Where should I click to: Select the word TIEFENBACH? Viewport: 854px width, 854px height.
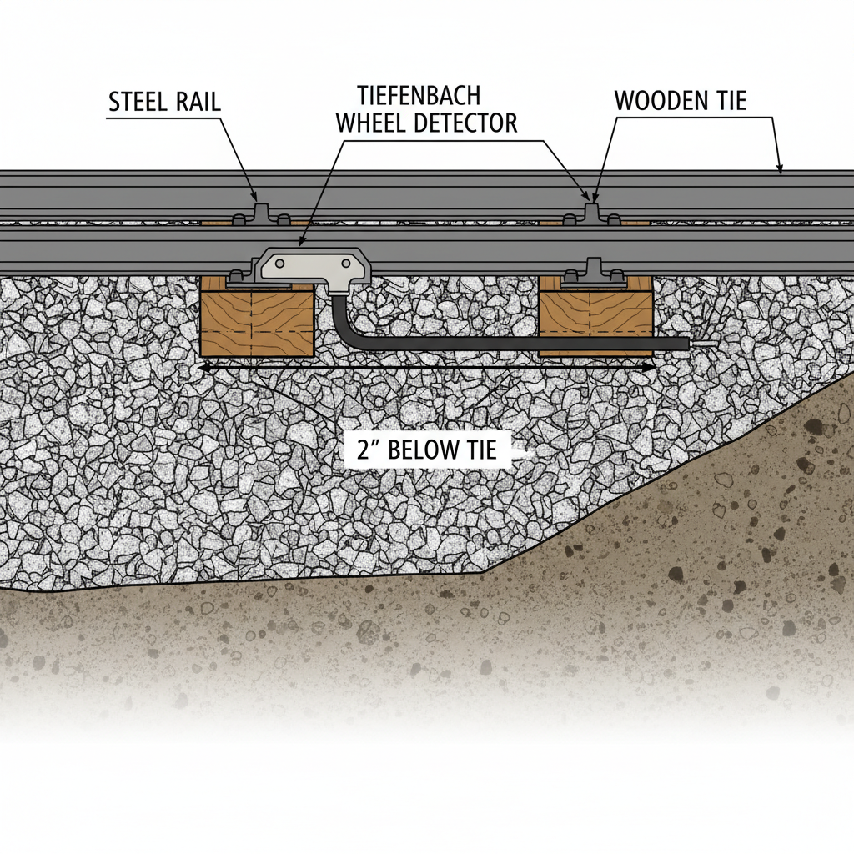coord(418,93)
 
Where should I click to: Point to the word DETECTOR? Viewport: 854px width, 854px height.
coord(468,123)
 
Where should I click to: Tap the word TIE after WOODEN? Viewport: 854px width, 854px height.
coord(727,101)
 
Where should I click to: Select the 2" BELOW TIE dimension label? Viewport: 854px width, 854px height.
coord(426,450)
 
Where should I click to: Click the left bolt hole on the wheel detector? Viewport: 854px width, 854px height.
coord(278,263)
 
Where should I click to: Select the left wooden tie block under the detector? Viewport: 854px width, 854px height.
coord(257,321)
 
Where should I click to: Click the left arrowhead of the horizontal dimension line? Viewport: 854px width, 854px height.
coord(203,366)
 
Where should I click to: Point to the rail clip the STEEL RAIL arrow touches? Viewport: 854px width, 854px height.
coord(259,210)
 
